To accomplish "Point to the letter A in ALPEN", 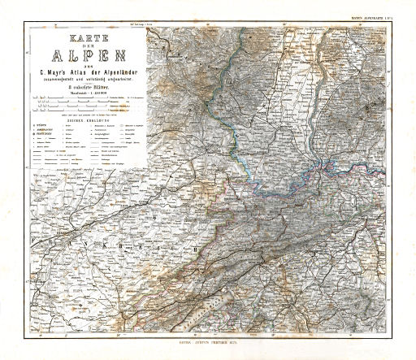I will [x=55, y=59].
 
